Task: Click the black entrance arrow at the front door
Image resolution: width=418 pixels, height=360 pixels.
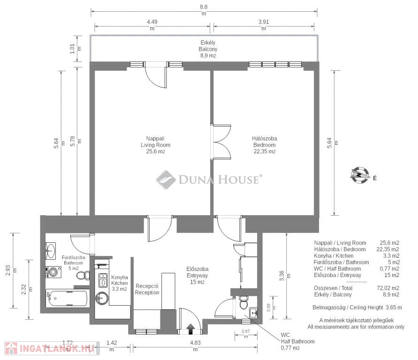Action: point(190,329)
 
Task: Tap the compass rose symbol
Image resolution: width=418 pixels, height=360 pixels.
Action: point(360,175)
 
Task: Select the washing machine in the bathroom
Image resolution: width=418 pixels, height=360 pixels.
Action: point(53,272)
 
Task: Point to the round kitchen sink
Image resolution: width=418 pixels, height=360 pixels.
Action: point(102,298)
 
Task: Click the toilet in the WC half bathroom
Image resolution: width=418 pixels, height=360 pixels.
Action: point(243,303)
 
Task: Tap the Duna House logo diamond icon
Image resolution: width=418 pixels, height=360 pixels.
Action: point(166,180)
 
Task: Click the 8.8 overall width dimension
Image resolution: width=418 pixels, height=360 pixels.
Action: point(204,10)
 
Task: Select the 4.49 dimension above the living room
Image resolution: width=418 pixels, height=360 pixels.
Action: point(152,25)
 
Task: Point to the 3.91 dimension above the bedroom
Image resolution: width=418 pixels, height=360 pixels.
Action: point(264,25)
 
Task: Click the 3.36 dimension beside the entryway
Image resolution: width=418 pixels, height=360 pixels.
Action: point(285,276)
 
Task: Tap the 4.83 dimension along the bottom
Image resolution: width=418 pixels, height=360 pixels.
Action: point(196,345)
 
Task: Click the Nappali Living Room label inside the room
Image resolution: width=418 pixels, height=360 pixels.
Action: point(155,145)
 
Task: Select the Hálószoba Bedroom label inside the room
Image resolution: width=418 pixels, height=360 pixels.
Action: point(265,145)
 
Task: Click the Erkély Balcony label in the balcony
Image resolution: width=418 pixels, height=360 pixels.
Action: point(208,49)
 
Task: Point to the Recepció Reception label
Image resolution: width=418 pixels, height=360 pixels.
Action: point(147,289)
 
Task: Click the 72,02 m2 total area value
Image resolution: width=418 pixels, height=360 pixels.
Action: point(388,288)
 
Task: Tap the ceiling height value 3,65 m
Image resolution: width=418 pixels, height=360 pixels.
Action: point(394,307)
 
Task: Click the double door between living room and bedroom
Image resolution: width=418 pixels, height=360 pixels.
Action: point(220,142)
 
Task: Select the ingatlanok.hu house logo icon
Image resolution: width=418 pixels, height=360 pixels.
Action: point(11,348)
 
